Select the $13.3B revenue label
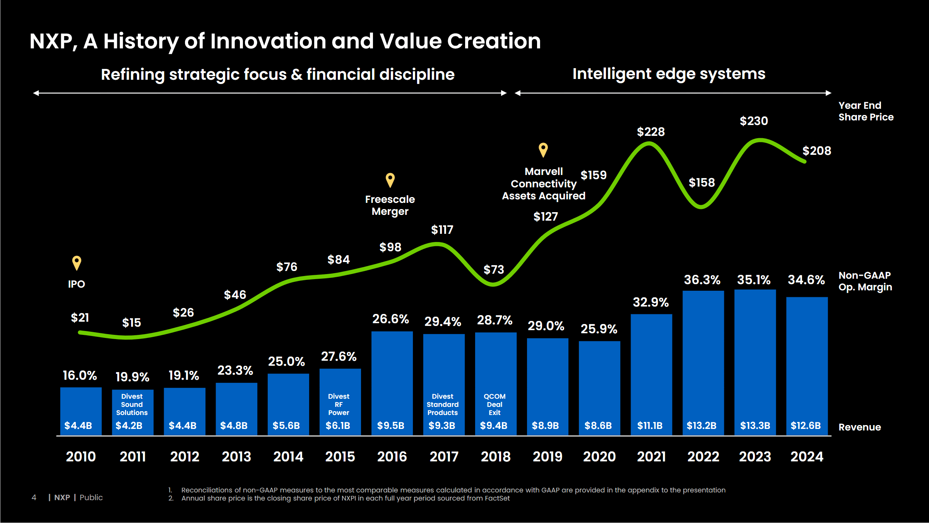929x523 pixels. click(755, 425)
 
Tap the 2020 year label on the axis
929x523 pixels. click(599, 456)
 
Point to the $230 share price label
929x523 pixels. click(754, 121)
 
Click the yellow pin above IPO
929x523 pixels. click(77, 263)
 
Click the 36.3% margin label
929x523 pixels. click(702, 280)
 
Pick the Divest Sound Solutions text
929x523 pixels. click(132, 405)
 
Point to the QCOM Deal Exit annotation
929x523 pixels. click(494, 405)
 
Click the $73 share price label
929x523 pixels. click(494, 269)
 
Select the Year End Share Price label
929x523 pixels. click(866, 111)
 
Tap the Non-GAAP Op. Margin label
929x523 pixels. click(865, 281)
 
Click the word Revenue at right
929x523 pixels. click(859, 427)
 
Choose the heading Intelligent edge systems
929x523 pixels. click(669, 74)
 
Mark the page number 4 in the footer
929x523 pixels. click(34, 497)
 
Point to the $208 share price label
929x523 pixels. click(816, 151)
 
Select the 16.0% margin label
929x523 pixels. click(80, 376)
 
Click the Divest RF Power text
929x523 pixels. click(339, 405)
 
